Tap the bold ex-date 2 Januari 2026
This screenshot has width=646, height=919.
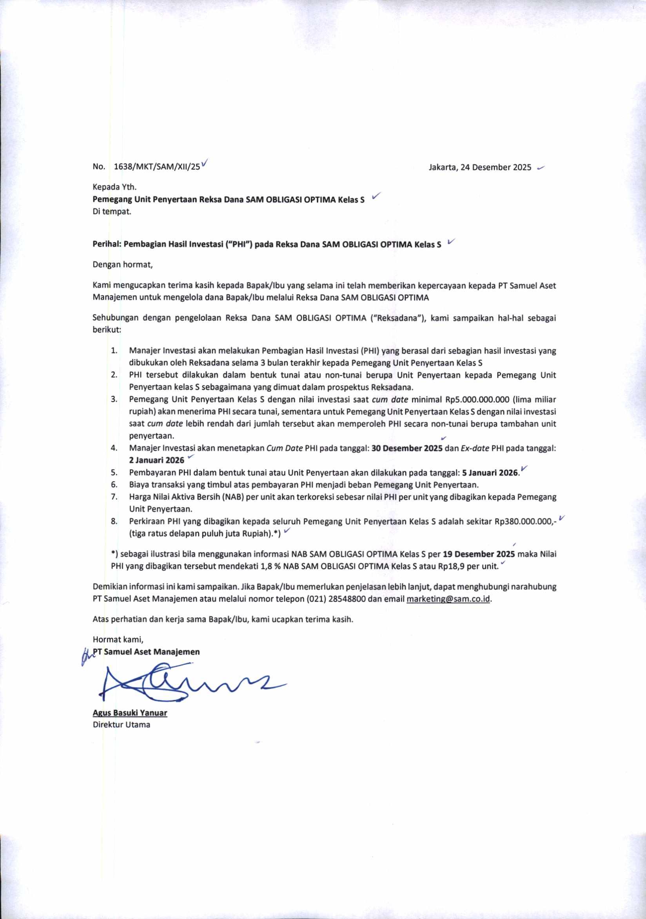tap(156, 460)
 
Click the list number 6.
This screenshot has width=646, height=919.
tap(114, 485)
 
